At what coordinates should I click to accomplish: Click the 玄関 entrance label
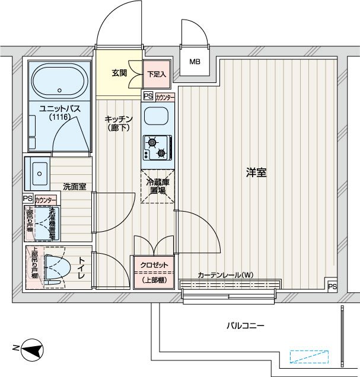[x=119, y=74]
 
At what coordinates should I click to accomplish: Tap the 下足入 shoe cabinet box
[x=157, y=74]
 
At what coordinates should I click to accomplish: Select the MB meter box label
[x=195, y=62]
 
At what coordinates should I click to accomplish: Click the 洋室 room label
[x=256, y=173]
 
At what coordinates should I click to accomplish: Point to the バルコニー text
[x=245, y=325]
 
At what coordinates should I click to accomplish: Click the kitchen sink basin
[x=157, y=117]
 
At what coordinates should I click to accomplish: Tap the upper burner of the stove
[x=152, y=142]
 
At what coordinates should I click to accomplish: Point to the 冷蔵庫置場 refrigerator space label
[x=157, y=187]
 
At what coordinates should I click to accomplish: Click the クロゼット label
[x=154, y=265]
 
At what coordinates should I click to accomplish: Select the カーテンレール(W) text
[x=225, y=275]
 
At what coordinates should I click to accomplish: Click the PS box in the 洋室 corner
[x=332, y=287]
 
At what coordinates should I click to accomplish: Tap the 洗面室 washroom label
[x=75, y=187]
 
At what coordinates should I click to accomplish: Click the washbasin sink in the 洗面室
[x=40, y=172]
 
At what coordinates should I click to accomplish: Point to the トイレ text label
[x=81, y=269]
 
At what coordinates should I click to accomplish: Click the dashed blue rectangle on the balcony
[x=308, y=357]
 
